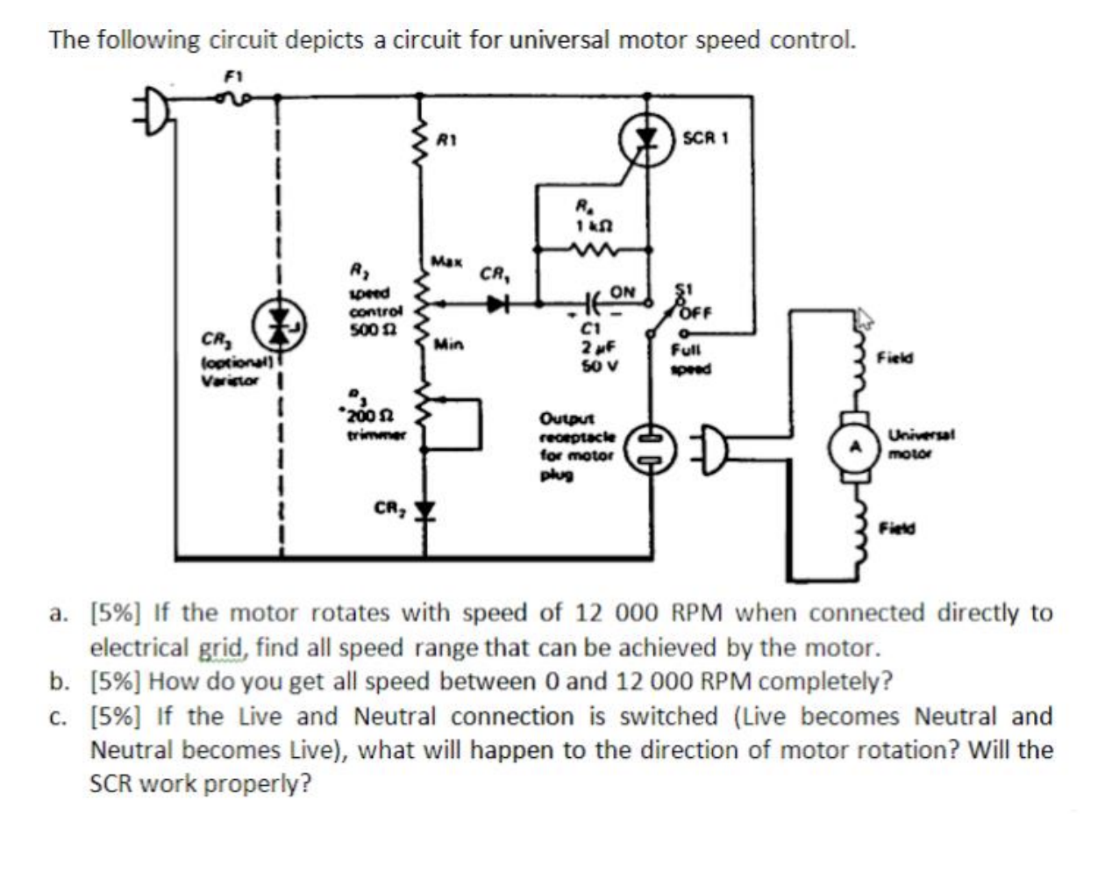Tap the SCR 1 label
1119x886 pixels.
click(705, 139)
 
